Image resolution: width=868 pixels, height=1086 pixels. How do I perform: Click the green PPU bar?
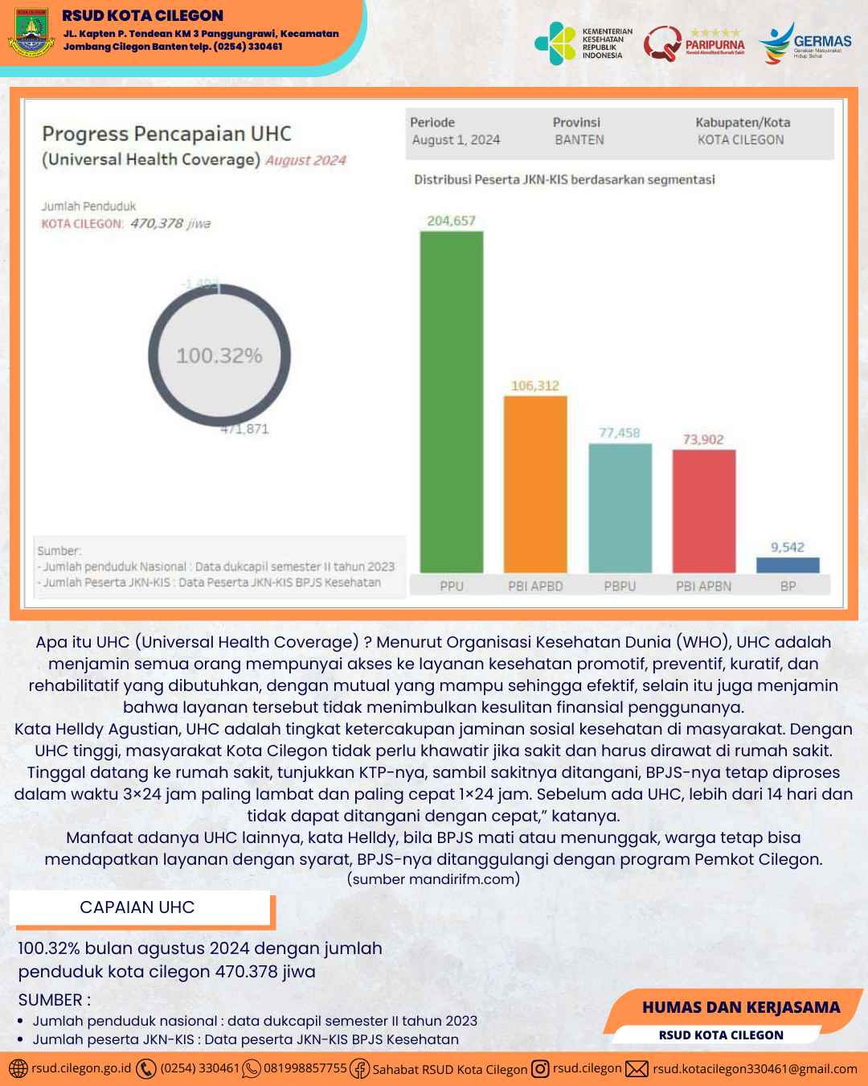452,402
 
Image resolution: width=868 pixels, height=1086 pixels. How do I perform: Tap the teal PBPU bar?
620,508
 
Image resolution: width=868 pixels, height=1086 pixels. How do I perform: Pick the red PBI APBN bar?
704,511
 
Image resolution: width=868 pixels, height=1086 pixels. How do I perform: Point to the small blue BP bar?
788,565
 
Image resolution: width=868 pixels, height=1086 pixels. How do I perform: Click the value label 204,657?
451,220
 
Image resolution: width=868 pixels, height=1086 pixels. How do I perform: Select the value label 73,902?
703,439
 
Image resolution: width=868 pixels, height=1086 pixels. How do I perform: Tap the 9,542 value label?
788,547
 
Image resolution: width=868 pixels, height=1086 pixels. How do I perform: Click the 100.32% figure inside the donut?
219,356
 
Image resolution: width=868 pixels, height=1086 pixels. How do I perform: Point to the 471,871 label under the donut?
245,429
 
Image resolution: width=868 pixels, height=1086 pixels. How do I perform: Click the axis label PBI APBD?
535,586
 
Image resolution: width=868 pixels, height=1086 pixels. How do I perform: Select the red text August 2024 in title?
305,160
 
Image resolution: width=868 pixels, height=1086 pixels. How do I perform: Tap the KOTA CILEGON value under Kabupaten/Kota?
740,140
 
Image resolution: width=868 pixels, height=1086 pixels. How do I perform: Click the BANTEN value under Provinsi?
579,140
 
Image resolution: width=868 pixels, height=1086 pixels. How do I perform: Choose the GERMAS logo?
805,43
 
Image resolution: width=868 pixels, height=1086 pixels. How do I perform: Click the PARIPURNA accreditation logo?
694,43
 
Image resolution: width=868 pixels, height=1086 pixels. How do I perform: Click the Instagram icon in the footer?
540,1068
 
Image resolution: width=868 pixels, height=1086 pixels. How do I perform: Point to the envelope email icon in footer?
637,1068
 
